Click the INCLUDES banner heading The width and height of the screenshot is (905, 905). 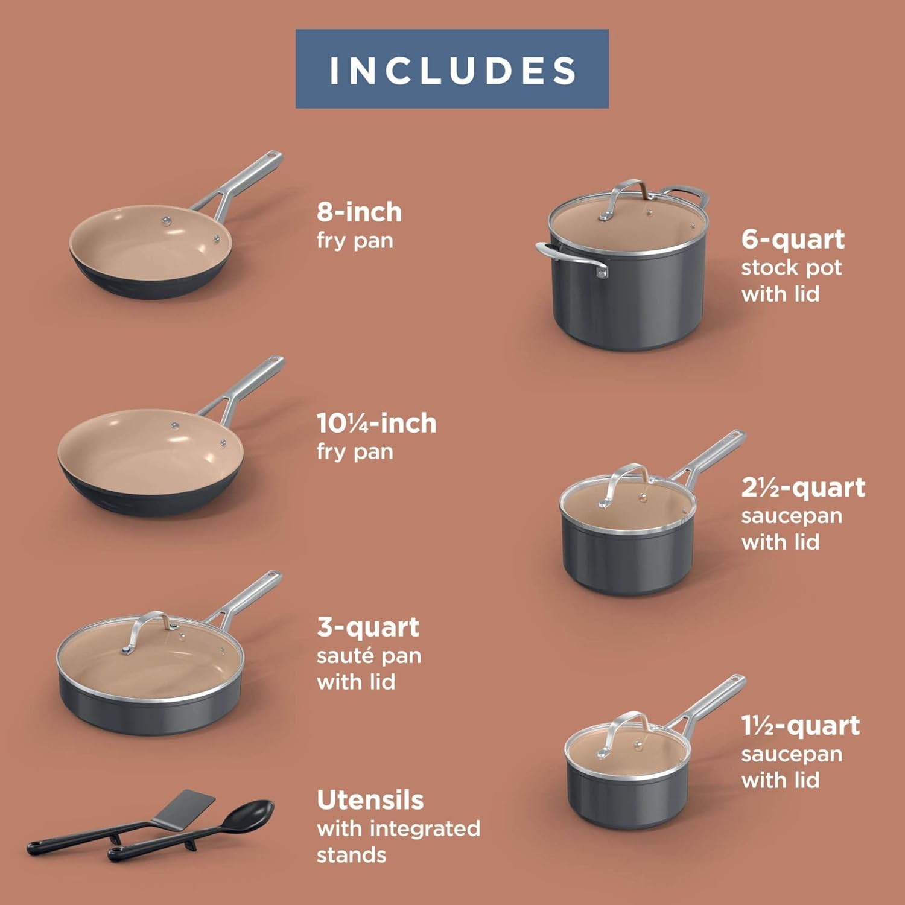tap(452, 69)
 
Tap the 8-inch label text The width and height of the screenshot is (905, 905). tap(359, 212)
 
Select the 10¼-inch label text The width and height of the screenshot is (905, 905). tap(376, 423)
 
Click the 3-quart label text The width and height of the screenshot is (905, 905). tap(367, 627)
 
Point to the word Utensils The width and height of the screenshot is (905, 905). tap(370, 800)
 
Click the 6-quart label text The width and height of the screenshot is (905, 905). tap(793, 240)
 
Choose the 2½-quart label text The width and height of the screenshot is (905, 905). tap(803, 487)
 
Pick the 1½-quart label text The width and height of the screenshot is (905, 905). tap(800, 726)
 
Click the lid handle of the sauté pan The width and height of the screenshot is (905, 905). tap(148, 627)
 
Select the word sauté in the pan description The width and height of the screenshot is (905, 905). tap(341, 656)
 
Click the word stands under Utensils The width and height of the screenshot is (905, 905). tap(351, 855)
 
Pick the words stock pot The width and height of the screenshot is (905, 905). tap(791, 267)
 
